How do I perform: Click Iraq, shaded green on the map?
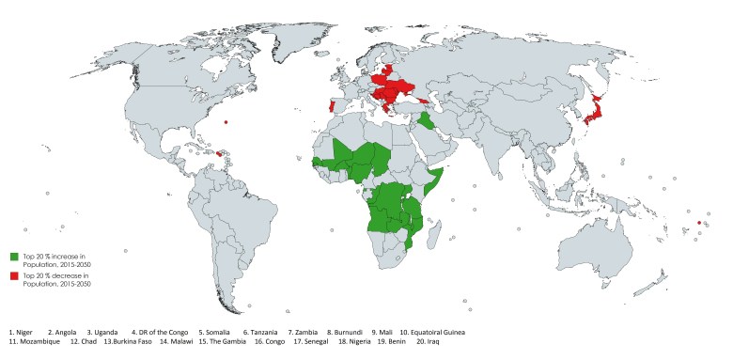click(x=428, y=122)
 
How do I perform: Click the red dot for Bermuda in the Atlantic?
click(x=226, y=121)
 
